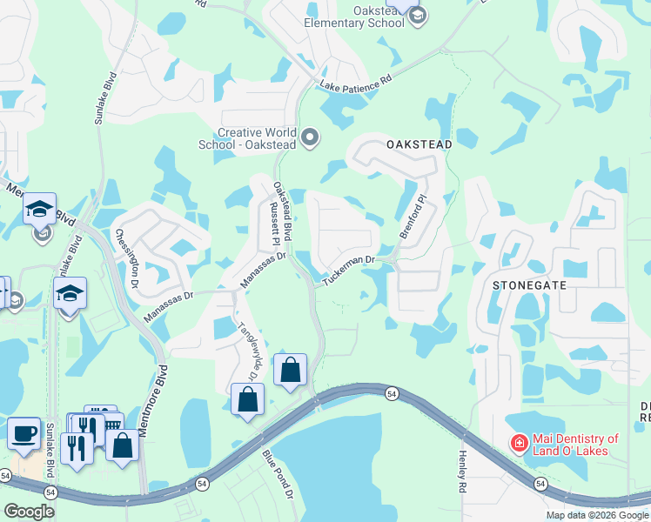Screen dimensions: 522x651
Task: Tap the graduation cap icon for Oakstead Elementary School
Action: pos(417,15)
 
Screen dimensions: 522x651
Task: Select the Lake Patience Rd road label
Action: pos(356,83)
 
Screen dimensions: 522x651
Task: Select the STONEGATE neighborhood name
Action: pos(529,284)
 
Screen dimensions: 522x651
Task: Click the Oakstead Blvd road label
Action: pos(280,206)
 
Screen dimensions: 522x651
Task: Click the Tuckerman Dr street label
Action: pos(348,271)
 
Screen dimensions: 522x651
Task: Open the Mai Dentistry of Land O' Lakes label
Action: pos(576,445)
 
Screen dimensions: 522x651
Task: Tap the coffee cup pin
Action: pos(23,432)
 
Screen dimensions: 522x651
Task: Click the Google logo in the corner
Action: pos(29,512)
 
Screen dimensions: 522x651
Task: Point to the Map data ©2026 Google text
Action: pos(597,515)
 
